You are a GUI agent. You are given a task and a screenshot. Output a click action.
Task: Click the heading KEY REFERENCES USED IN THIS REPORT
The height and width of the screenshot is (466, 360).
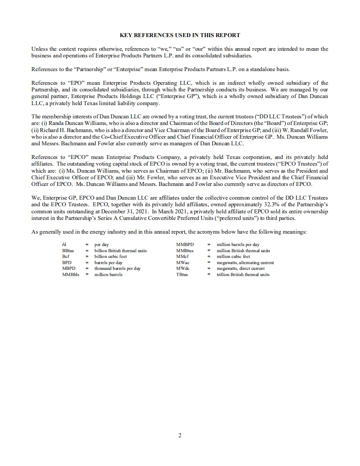180,35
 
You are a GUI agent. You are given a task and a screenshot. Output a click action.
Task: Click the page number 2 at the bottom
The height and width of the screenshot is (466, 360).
180,435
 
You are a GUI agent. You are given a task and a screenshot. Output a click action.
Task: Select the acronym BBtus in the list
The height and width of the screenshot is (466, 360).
69,250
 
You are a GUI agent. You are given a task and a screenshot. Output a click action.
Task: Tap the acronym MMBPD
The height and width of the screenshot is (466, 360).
185,244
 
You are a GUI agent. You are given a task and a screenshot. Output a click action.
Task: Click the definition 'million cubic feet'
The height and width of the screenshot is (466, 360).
233,256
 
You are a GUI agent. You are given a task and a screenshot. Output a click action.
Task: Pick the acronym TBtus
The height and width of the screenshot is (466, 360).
182,274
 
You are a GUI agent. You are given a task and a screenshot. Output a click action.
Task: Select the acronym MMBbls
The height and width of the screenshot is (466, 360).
71,274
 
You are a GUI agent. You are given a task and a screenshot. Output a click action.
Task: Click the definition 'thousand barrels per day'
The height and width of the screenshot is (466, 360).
117,268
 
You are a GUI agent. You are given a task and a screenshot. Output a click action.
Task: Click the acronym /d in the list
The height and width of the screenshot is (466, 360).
64,244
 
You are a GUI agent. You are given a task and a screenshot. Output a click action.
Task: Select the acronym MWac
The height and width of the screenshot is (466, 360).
183,262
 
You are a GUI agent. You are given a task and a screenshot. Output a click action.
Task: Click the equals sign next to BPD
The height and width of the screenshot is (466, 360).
87,262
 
